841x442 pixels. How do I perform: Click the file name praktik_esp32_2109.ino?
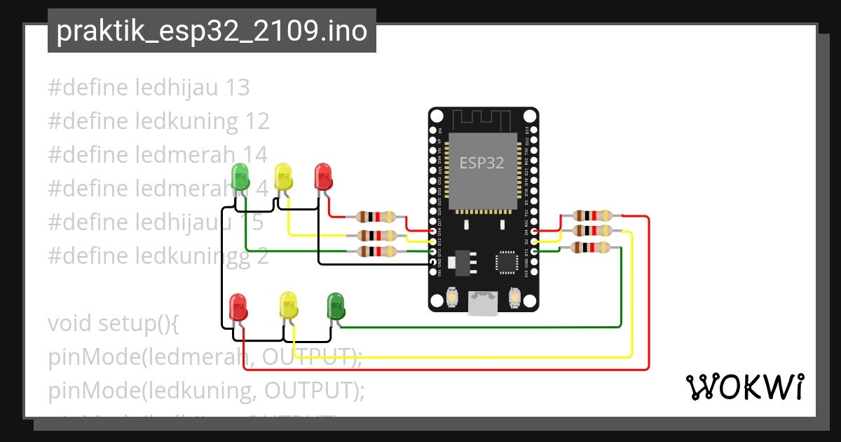pos(212,32)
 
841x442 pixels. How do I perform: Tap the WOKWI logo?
pos(744,387)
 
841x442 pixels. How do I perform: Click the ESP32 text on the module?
pos(481,163)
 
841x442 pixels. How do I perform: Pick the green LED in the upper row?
pos(240,178)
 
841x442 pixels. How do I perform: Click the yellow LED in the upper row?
pos(283,177)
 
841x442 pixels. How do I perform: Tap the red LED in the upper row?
pos(323,176)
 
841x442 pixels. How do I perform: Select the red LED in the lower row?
pos(239,307)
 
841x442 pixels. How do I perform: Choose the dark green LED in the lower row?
pos(336,306)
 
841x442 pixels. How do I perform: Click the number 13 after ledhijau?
pos(238,88)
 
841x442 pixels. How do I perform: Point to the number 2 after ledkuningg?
pos(262,256)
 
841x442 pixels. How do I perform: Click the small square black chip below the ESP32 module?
pos(506,262)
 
